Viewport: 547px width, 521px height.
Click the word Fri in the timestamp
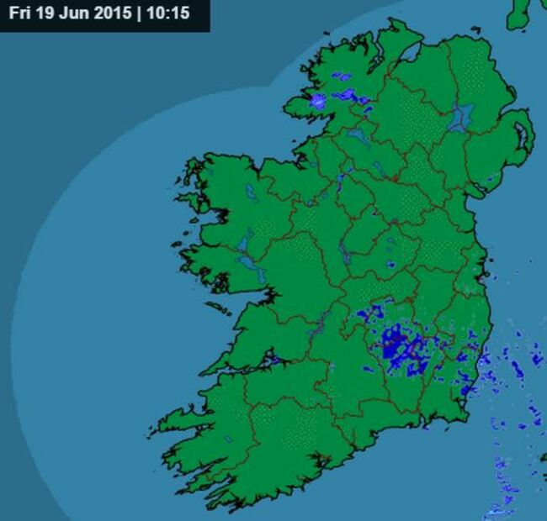click(x=19, y=14)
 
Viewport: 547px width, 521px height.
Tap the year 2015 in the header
click(x=106, y=14)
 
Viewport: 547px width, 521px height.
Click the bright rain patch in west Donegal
click(x=317, y=101)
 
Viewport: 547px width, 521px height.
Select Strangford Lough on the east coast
click(x=521, y=134)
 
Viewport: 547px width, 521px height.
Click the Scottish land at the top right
click(x=528, y=13)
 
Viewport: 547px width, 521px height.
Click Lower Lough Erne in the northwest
click(x=357, y=135)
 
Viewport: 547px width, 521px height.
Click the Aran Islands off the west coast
click(x=217, y=309)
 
